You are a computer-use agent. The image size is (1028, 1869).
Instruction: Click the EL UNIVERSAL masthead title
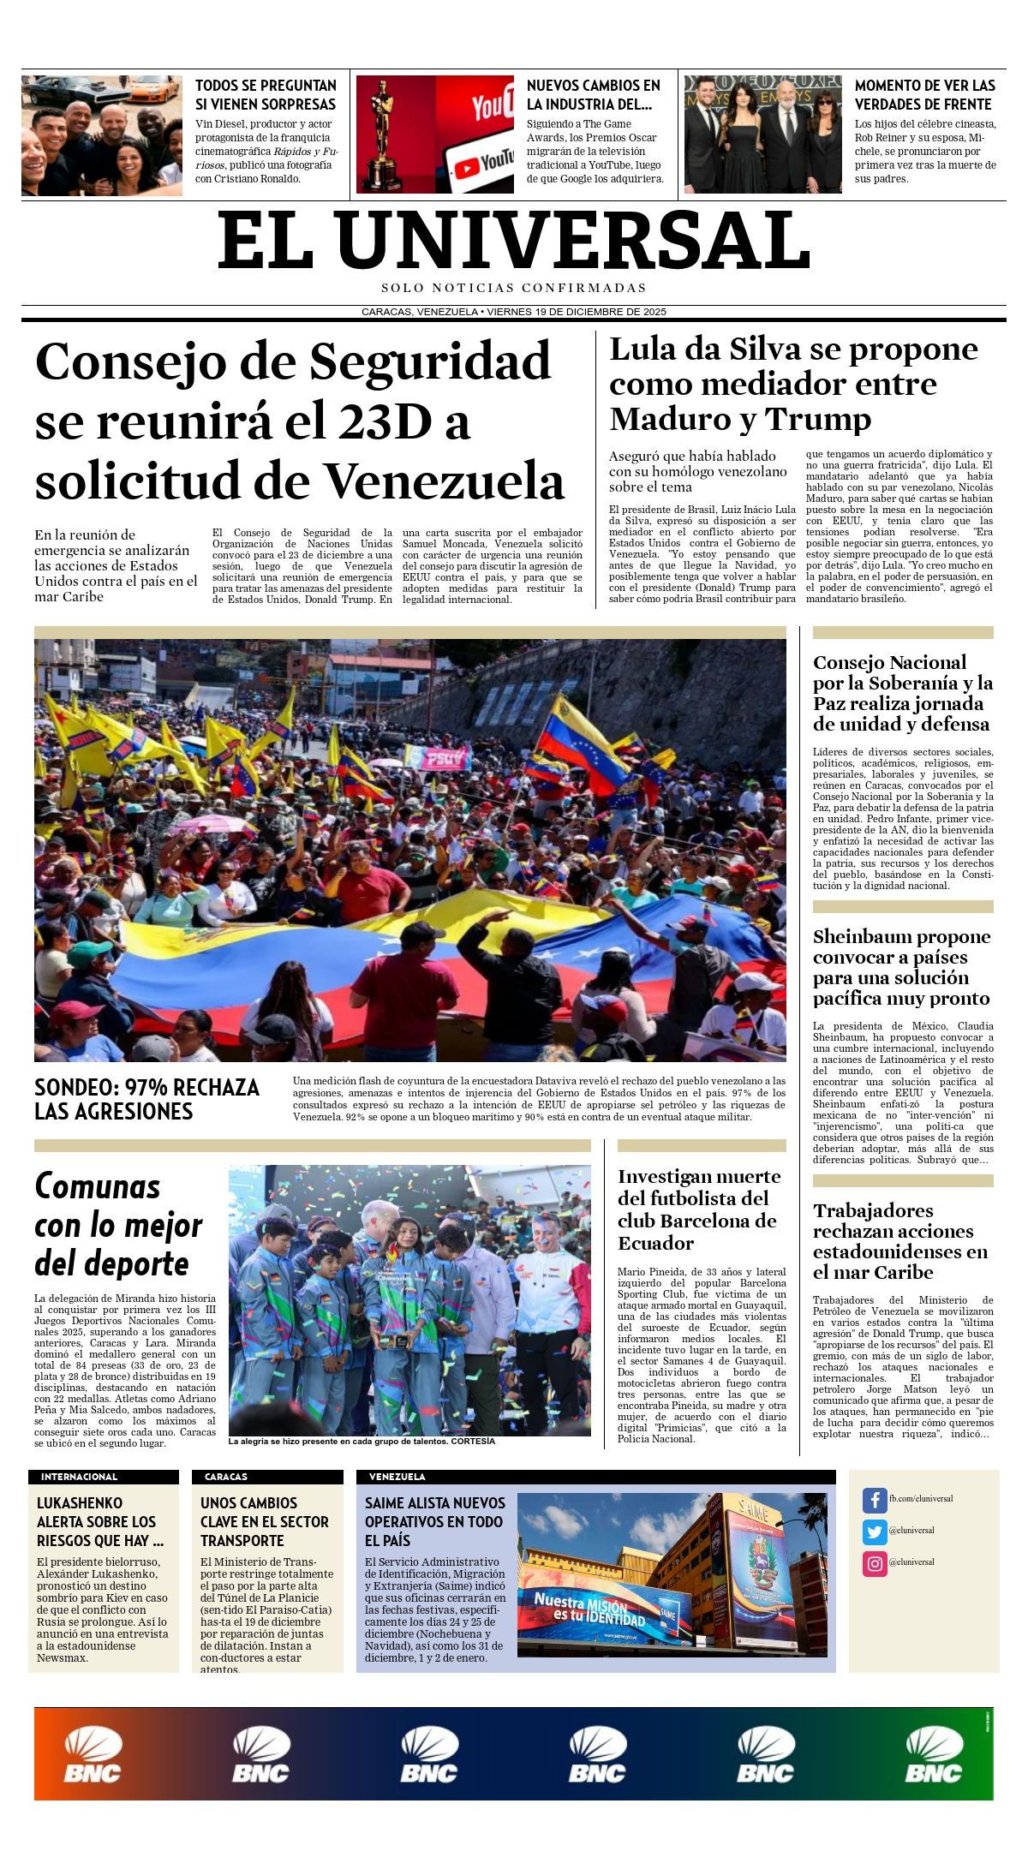tap(514, 241)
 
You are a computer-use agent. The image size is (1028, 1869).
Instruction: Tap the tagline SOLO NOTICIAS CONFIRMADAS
tap(514, 288)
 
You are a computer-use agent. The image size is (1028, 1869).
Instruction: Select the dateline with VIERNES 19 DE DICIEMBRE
tap(514, 312)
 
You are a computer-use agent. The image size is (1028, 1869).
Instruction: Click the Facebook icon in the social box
tap(874, 1500)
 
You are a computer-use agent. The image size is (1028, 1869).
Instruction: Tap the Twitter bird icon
tap(874, 1532)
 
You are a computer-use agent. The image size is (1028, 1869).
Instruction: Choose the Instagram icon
tap(874, 1563)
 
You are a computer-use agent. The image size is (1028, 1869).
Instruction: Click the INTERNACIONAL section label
tap(79, 1477)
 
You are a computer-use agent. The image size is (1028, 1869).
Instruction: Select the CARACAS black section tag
tap(226, 1477)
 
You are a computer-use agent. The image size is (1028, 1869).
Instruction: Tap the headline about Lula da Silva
tap(792, 384)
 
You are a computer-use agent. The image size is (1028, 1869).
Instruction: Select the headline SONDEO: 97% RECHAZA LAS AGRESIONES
tap(146, 1099)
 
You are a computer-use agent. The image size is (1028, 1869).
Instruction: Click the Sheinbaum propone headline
tap(901, 967)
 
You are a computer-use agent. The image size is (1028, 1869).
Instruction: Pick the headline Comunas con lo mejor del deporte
tap(118, 1224)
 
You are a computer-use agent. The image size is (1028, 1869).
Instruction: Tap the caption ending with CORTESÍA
tap(362, 1441)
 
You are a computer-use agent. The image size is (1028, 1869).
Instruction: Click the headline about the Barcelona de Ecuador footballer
tap(699, 1209)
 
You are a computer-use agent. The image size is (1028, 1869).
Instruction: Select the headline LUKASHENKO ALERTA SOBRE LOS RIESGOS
tap(99, 1521)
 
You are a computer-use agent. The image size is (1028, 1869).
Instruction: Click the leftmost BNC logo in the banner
tap(92, 1755)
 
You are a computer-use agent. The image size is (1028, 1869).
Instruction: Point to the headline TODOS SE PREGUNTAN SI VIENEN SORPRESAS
tap(266, 94)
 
